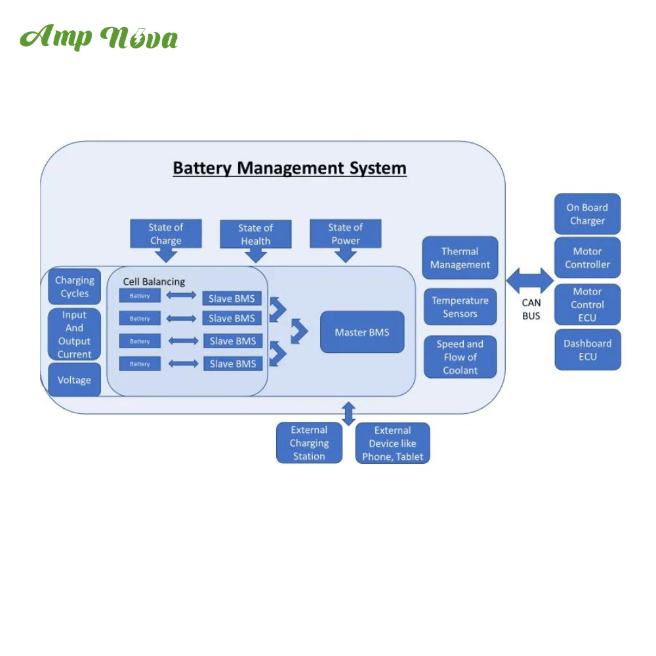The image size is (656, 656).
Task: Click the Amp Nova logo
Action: tap(98, 38)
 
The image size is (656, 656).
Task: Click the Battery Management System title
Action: tap(289, 168)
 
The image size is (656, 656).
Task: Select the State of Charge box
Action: tap(165, 234)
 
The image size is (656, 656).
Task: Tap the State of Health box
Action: tap(255, 235)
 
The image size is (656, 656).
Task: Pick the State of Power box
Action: tap(345, 234)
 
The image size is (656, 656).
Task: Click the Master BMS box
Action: tap(361, 333)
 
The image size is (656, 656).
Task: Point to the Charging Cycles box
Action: tap(74, 287)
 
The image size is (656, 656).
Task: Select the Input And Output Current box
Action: tap(74, 335)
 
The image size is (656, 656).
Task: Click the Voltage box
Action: tap(74, 380)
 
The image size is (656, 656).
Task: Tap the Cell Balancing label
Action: tap(154, 281)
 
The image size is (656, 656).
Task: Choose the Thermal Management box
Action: tap(460, 258)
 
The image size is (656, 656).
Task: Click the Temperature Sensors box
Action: tap(460, 307)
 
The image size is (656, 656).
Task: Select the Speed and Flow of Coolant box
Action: tap(460, 357)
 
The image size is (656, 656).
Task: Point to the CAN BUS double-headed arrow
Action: tap(531, 281)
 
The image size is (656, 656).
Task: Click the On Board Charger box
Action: tap(587, 214)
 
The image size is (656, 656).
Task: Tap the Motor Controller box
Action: tap(587, 258)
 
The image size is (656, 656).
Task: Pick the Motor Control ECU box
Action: tap(587, 304)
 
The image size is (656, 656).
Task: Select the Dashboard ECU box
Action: tap(587, 350)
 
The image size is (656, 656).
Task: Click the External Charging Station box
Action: tap(309, 443)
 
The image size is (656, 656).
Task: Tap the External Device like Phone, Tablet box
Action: tap(392, 443)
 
